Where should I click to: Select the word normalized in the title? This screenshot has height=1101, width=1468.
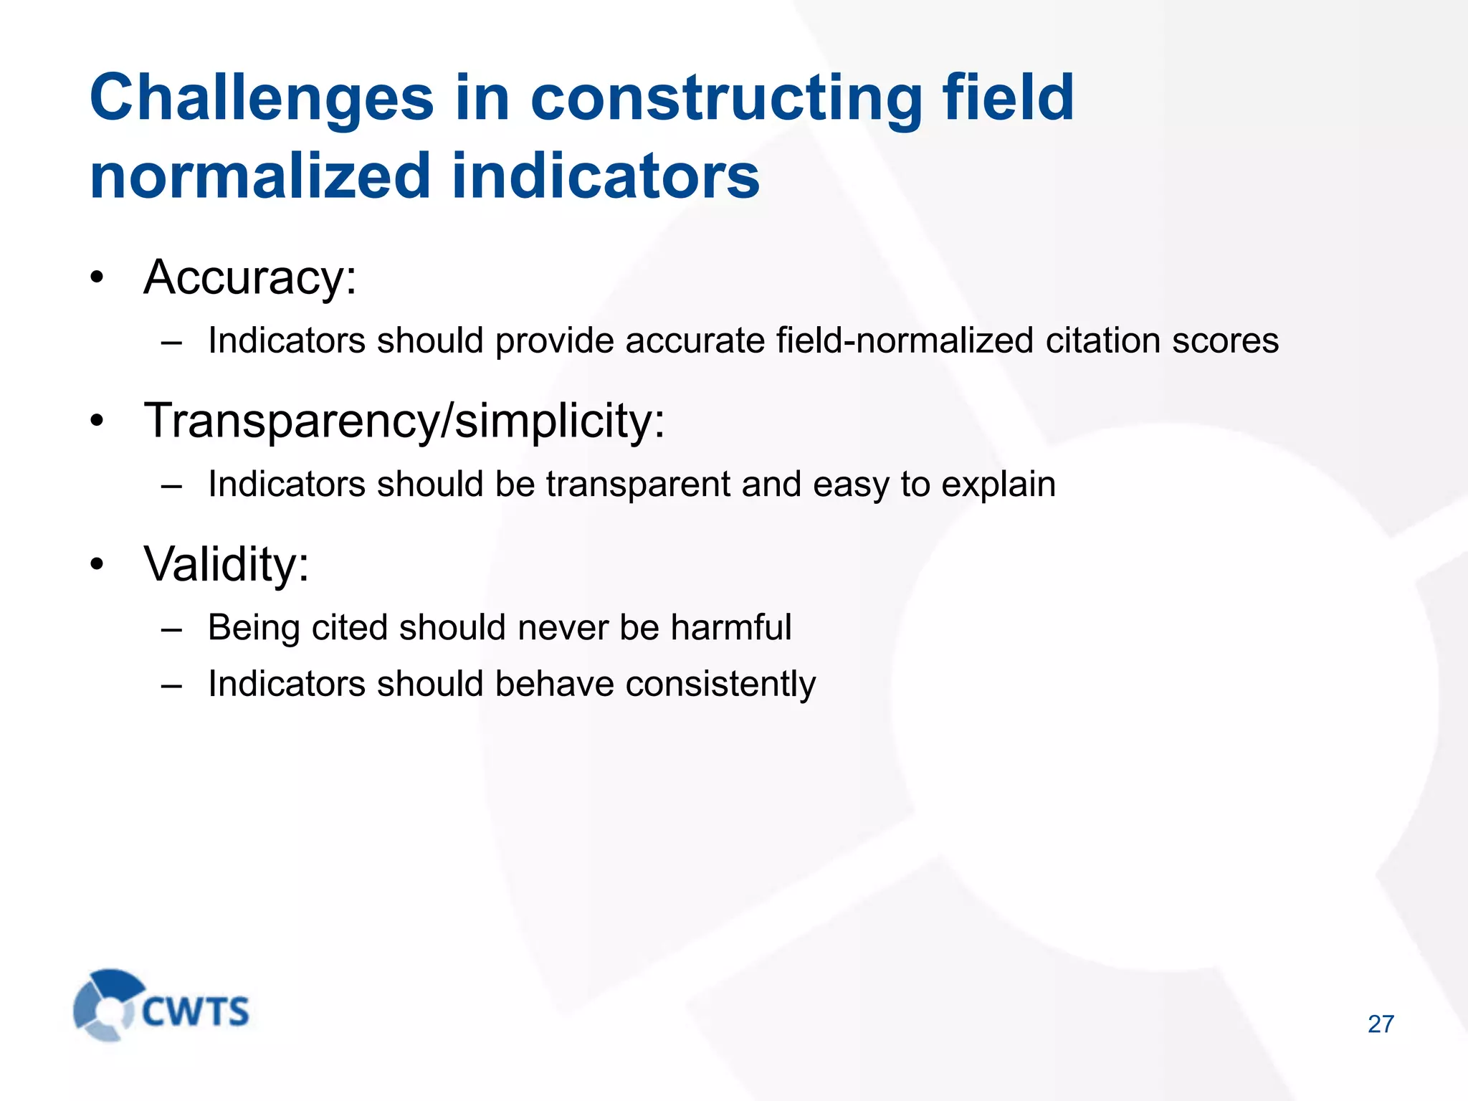pos(259,176)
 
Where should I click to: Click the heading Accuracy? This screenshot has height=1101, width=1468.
pos(250,277)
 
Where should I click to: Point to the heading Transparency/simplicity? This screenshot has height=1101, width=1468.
pos(404,421)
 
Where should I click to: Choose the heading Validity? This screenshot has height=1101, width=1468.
pos(227,564)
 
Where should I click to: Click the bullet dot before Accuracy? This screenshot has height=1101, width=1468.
pos(97,278)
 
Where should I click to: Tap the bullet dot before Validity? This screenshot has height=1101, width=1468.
pos(97,565)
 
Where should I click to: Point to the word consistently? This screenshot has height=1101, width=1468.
pos(720,685)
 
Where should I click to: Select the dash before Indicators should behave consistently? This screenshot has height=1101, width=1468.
pos(171,685)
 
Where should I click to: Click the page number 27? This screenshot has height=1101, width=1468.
pos(1381,1024)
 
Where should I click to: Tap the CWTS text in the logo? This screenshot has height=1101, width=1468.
pos(196,1011)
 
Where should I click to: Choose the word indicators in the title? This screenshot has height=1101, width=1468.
pos(606,176)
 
